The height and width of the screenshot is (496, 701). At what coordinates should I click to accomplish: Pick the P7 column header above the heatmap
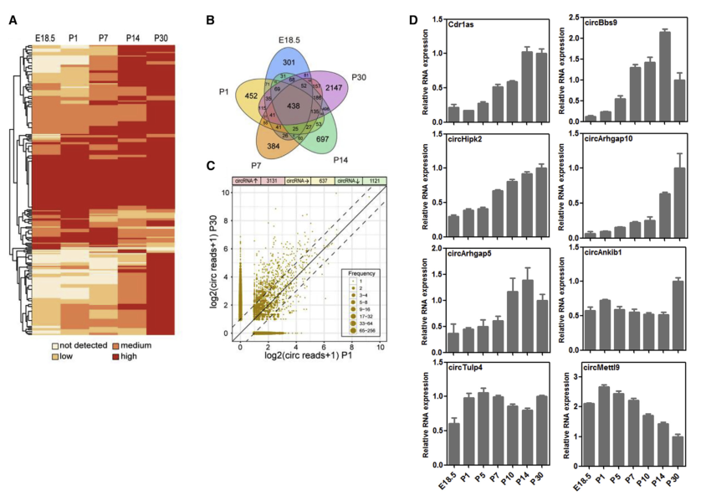tap(103, 39)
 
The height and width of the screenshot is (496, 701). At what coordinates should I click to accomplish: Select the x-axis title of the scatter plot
tap(306, 357)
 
